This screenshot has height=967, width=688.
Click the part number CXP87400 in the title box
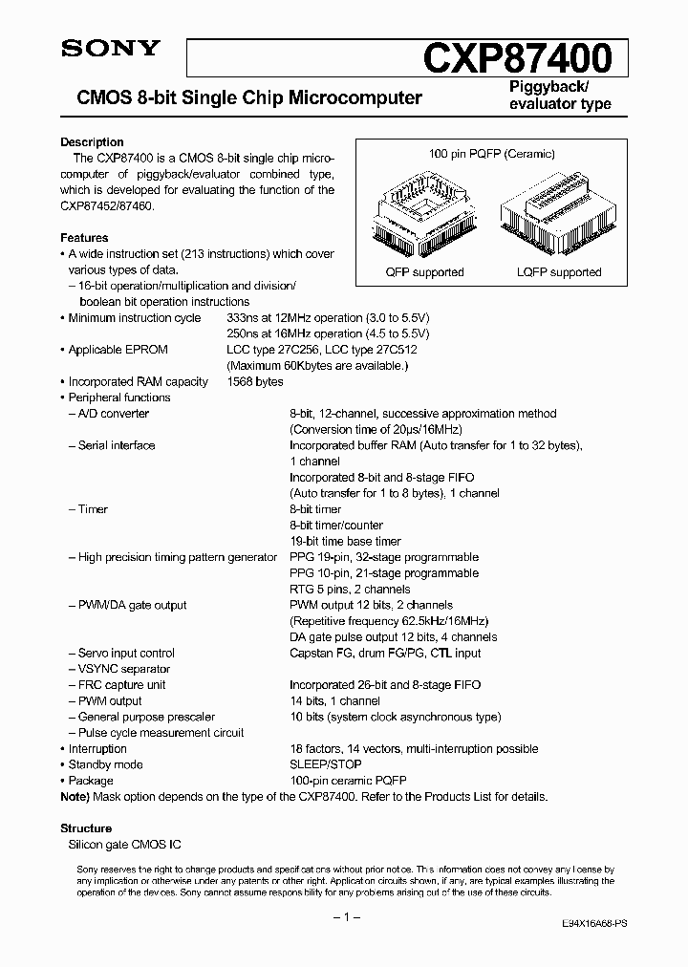click(516, 58)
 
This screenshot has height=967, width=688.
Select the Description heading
click(92, 142)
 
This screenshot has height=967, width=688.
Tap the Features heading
click(84, 238)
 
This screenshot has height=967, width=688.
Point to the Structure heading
click(86, 828)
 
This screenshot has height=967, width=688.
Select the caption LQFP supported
click(559, 272)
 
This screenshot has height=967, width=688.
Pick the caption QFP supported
click(424, 272)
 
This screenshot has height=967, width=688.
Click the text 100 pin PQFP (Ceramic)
click(492, 154)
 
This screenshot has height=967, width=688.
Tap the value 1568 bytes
click(255, 381)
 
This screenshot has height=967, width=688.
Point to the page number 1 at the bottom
click(344, 916)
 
